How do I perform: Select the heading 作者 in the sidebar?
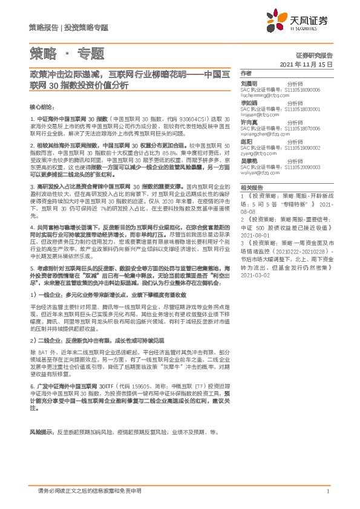click(246, 72)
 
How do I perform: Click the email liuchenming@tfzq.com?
click(265, 96)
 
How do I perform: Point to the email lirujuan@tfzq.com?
click(260, 114)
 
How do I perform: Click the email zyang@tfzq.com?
click(258, 154)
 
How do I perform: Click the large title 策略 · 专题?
click(67, 53)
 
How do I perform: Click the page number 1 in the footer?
click(327, 491)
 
